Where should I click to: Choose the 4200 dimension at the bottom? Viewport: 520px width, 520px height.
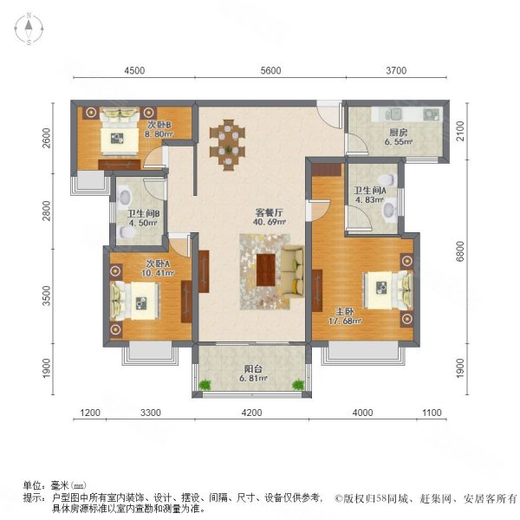(x=251, y=413)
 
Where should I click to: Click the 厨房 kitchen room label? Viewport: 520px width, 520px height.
(x=399, y=133)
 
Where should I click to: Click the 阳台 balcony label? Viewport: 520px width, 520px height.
(x=250, y=366)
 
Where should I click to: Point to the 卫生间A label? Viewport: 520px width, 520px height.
(x=371, y=192)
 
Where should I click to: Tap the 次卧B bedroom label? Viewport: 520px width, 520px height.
(x=159, y=124)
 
